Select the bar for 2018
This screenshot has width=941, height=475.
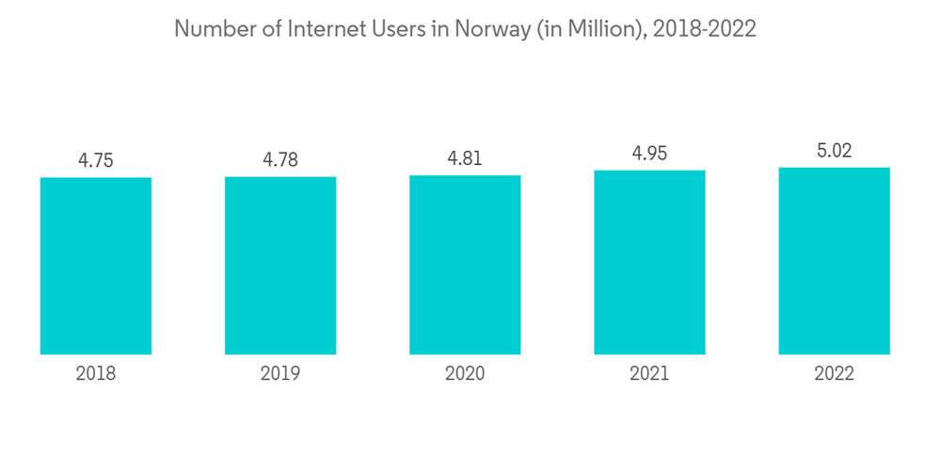point(96,266)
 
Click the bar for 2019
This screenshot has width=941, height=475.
point(280,266)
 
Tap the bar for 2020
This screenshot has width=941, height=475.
point(465,265)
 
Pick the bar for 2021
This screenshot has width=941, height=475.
point(649,262)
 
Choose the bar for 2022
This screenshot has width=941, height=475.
point(834,261)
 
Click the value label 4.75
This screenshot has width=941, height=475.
point(96,160)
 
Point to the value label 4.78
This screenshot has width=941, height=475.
point(280,160)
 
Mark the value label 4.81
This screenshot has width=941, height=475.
point(465,158)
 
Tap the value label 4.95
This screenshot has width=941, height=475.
point(649,154)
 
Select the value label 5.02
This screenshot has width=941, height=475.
point(834,151)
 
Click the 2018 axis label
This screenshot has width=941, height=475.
point(96,374)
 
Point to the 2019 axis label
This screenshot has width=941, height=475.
point(280,374)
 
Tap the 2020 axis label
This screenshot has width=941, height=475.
point(465,374)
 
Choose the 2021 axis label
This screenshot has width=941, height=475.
point(649,374)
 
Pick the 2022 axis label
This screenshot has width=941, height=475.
point(834,374)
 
